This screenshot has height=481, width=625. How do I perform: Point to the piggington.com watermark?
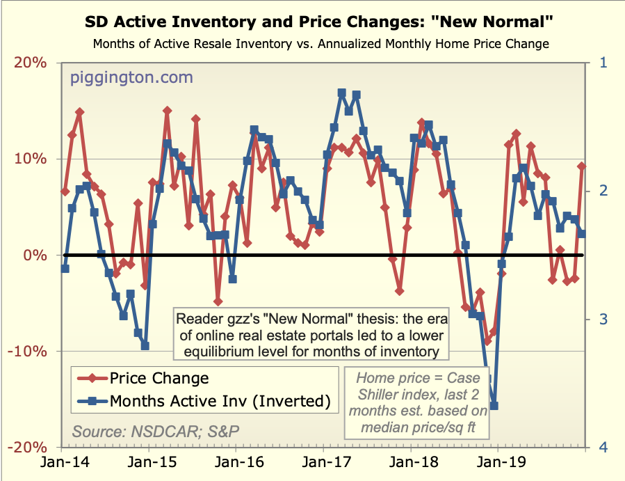tap(131, 77)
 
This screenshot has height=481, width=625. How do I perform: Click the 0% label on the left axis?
tap(36, 255)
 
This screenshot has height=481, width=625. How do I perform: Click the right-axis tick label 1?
tap(603, 63)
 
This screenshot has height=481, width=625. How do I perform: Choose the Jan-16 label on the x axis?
tap(236, 462)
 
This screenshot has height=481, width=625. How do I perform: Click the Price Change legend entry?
tap(159, 378)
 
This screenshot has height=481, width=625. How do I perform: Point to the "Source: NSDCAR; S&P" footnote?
tap(156, 431)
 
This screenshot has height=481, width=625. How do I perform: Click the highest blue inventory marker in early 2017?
tap(341, 93)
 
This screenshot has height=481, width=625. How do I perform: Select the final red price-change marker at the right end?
tap(582, 166)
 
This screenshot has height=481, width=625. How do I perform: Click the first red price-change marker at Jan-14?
tap(65, 191)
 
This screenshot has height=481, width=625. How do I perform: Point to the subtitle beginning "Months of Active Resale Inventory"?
tap(320, 44)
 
